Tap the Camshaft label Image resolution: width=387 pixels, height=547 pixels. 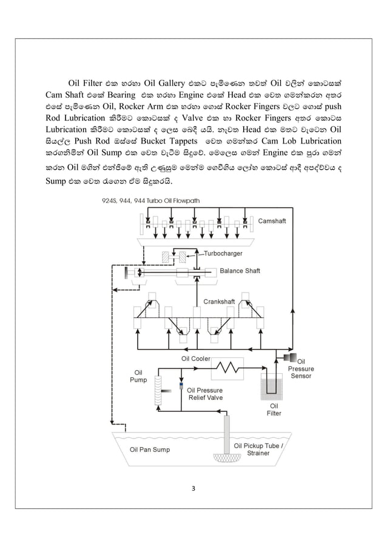272,221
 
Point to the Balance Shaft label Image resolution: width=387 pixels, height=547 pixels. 240,271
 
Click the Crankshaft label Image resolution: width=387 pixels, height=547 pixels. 220,300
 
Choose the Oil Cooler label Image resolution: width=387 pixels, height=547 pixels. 196,359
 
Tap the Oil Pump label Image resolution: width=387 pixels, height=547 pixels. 138,376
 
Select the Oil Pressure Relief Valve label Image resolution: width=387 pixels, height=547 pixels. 204,394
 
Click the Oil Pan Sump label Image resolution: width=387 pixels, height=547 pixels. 150,449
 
